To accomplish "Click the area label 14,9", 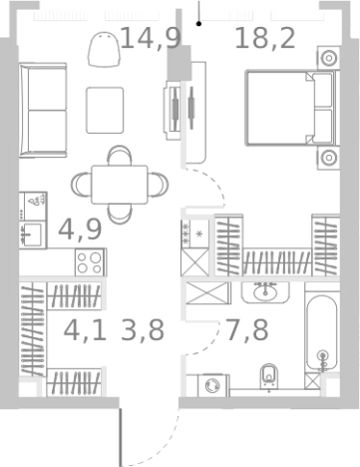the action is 151,38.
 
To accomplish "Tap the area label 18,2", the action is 265,38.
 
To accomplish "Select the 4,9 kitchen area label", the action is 80,230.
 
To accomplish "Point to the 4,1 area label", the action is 85,330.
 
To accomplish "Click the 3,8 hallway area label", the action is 143,330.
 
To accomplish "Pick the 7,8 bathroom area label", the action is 246,330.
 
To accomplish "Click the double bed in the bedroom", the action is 292,108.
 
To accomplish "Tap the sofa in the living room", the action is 43,110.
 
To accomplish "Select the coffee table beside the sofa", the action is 105,110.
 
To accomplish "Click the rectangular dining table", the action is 120,185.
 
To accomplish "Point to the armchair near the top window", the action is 104,49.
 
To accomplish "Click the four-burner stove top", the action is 90,262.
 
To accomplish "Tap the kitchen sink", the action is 32,234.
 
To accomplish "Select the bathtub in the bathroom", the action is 321,332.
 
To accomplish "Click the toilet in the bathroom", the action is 269,376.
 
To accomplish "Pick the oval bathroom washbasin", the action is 265,292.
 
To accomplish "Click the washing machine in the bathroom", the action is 213,385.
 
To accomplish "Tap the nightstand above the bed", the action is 329,58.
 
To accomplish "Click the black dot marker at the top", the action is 198,24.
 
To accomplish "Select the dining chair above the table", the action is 120,156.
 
